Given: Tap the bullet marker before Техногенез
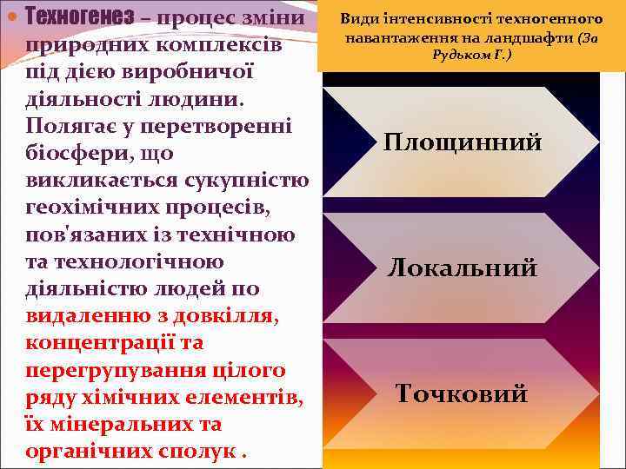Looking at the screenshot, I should click(11, 17).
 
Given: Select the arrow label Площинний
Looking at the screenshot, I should click(463, 142).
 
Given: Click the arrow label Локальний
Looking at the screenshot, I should click(463, 268).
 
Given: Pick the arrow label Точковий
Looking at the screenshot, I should click(462, 393).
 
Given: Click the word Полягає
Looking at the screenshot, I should click(68, 127).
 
